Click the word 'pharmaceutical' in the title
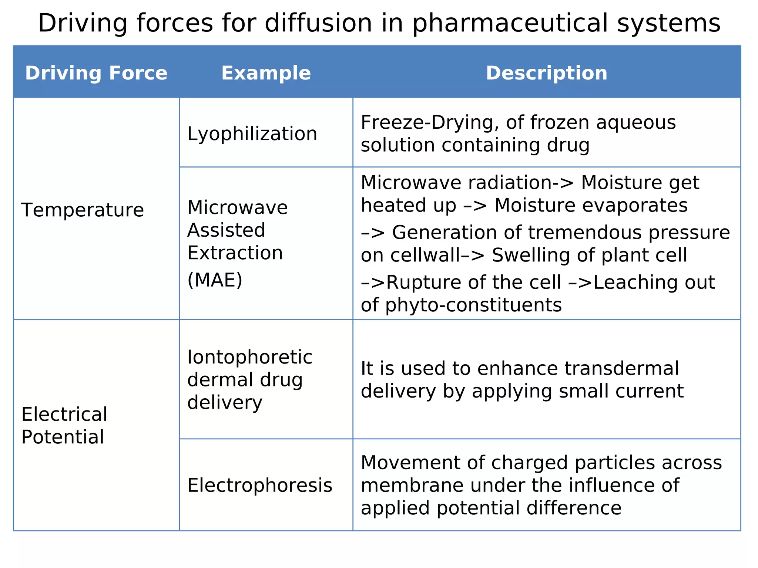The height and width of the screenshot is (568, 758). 511,23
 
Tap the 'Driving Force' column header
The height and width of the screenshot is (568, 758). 96,73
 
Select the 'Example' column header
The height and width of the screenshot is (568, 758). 266,73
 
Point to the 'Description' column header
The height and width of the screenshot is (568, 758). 546,73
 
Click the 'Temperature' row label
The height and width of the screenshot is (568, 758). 83,210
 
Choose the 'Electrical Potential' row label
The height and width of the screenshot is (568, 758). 64,425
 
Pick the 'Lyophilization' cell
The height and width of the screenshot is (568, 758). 252,133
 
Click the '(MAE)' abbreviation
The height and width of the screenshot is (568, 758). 215,280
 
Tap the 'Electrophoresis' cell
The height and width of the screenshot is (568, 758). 259,485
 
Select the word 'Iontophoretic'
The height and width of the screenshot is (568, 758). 250,357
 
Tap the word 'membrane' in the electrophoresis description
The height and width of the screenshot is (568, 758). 412,485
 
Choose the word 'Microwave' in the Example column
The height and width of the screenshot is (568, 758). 237,207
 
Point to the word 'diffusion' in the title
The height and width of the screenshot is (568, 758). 318,23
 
